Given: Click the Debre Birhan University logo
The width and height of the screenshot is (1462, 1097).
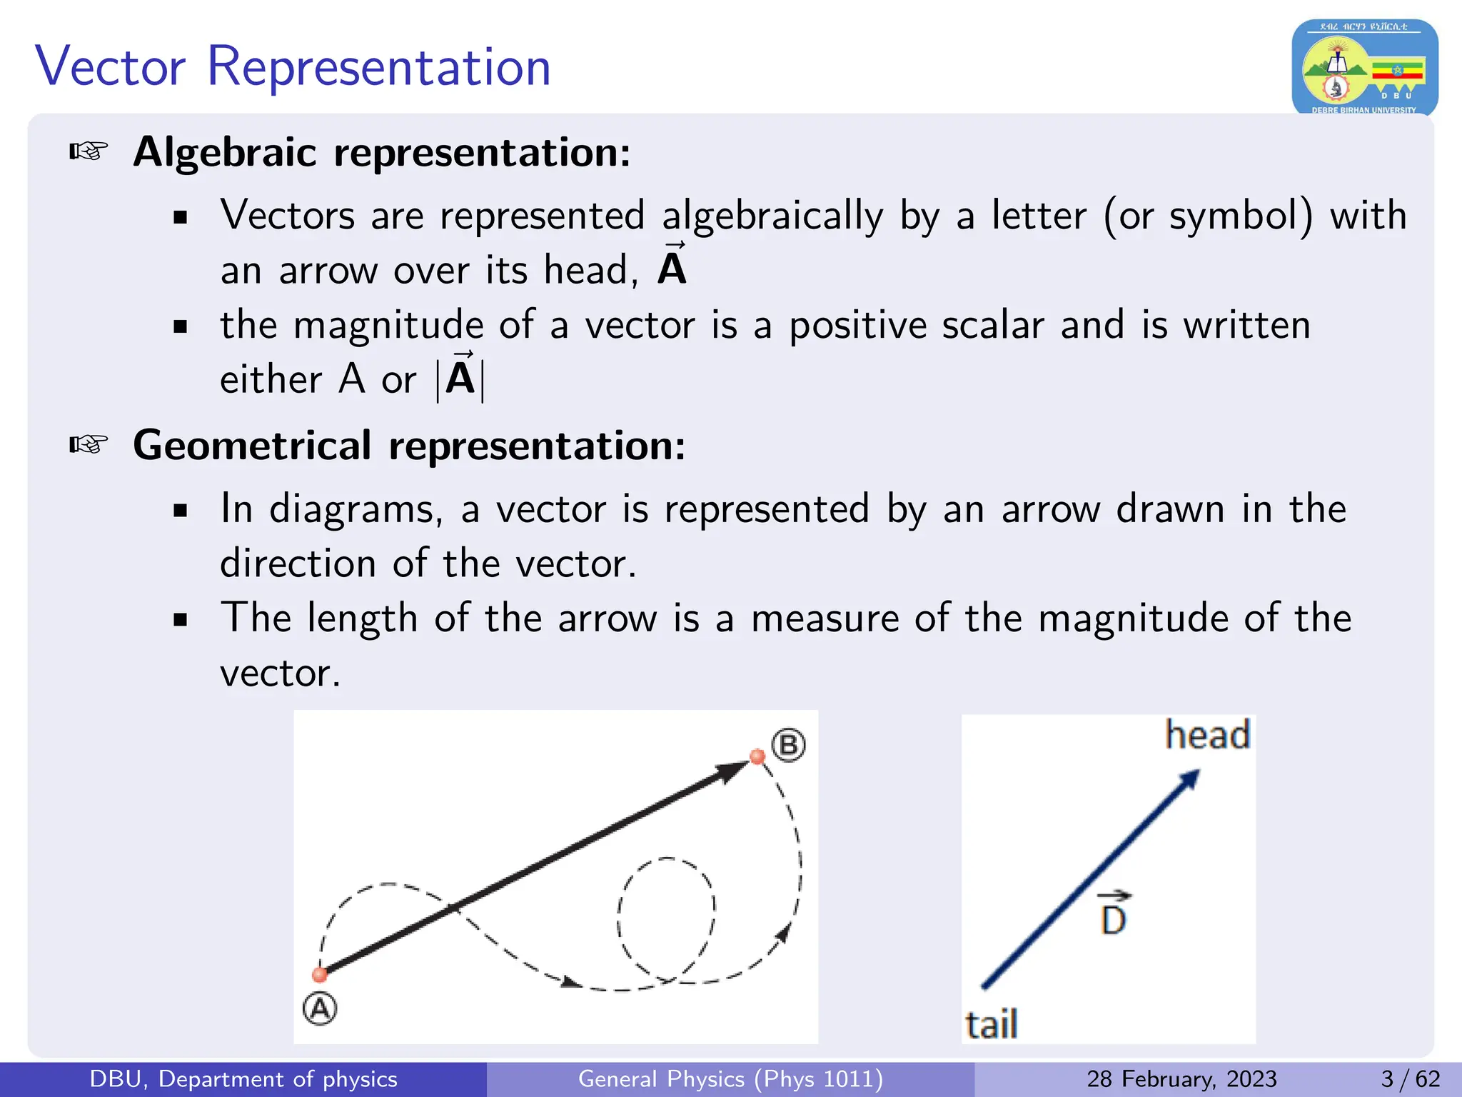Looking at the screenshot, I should tap(1364, 68).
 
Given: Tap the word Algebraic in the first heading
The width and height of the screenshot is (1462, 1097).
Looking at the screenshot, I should tap(225, 152).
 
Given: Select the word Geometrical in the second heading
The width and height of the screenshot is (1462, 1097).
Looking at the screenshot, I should tap(252, 446).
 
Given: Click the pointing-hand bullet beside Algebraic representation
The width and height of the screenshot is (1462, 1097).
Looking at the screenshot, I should tap(89, 151).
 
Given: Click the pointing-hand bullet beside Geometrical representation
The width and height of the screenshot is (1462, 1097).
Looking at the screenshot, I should tap(89, 445).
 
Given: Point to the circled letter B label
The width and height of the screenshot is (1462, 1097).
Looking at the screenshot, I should tap(789, 745).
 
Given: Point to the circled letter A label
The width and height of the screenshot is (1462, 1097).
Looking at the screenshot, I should tap(319, 1009).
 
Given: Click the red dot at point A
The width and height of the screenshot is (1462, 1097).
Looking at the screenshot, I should tap(320, 974).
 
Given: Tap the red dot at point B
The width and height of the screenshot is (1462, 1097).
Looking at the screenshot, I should tap(757, 756).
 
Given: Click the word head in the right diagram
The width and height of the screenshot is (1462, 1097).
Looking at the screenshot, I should tap(1208, 735).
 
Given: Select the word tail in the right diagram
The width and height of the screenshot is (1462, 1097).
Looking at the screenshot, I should tap(991, 1024).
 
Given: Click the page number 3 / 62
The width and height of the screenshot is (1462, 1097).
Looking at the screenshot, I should tap(1410, 1078).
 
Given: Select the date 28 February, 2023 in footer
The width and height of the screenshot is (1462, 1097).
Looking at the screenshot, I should tap(1181, 1078).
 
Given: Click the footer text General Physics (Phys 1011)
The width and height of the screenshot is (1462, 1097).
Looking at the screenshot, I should tap(730, 1078).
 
